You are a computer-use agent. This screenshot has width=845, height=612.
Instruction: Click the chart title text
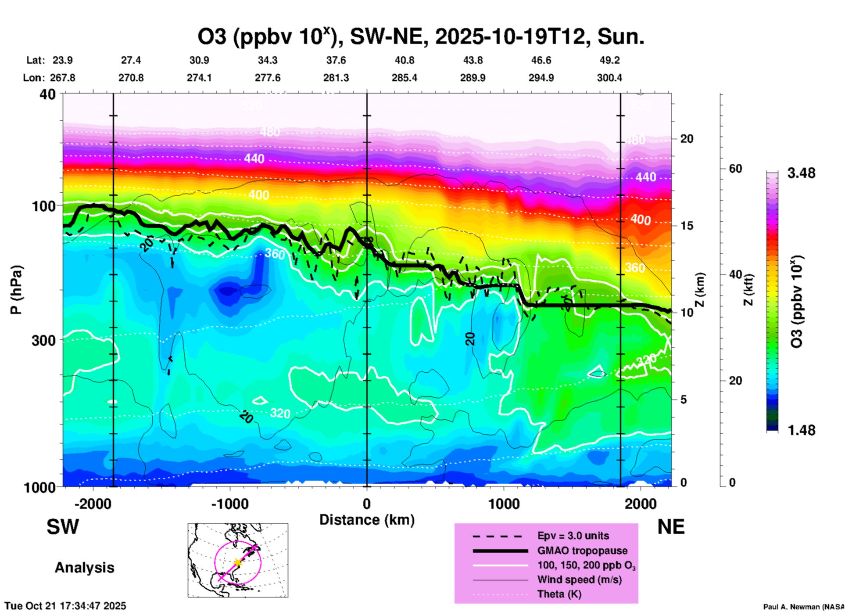pos(420,37)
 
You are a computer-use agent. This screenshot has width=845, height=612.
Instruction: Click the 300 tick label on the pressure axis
pos(44,340)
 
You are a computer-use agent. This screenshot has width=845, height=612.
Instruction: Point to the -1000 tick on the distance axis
pos(229,504)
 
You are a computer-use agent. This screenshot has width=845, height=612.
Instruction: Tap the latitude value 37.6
pos(336,60)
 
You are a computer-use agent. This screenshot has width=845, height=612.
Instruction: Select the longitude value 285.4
pos(404,78)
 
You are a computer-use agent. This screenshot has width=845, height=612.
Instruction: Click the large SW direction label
pos(63,527)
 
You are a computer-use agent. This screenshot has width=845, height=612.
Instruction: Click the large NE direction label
pos(671,527)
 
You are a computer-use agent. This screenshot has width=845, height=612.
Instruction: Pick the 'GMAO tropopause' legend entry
pos(582,551)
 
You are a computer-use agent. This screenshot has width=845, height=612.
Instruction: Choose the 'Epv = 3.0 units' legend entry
pos(573,536)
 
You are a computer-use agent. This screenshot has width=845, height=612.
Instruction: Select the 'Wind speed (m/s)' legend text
pos(579,580)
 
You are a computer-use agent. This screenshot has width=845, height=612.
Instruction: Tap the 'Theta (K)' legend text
pos(559,594)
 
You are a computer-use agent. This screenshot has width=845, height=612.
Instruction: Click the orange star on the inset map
pos(238,562)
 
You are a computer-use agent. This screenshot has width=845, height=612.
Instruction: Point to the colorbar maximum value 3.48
pos(801,173)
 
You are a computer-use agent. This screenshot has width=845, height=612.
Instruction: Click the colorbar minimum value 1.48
pos(801,430)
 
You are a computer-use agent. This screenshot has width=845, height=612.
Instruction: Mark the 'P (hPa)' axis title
pos(16,290)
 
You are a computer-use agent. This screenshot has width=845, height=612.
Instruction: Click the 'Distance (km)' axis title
pos(367,520)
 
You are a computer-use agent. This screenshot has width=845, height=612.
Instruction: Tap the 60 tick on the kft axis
pos(735,169)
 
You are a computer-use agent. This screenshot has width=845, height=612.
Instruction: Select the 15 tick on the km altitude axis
pos(686,226)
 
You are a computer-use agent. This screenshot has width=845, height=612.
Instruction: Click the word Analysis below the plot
pos(84,567)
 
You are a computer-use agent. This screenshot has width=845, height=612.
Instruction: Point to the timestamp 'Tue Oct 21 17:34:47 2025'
pos(65,606)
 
